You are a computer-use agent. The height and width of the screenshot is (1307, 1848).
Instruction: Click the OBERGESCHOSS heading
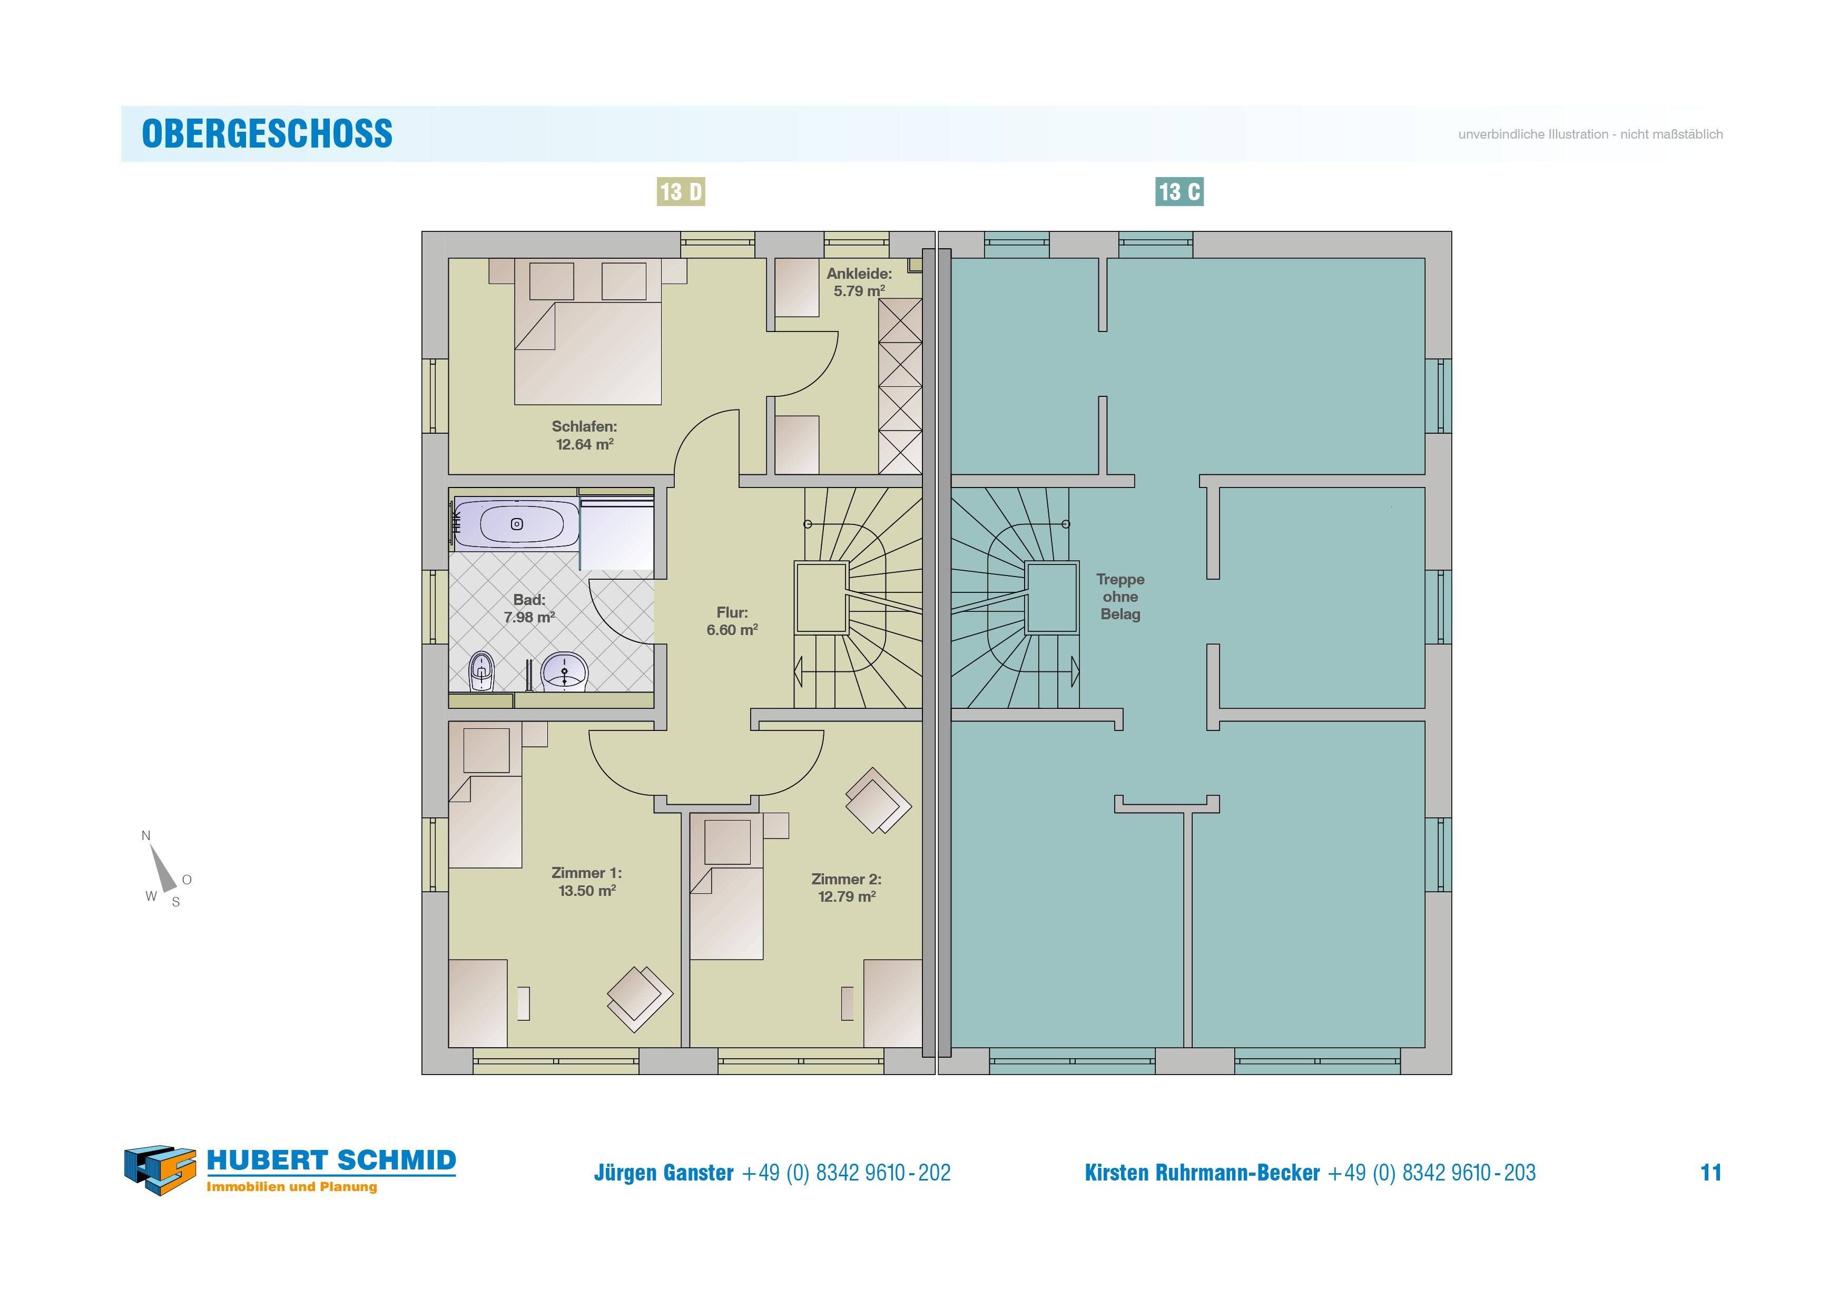267,134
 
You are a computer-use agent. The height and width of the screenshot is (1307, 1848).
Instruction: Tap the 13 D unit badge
681,192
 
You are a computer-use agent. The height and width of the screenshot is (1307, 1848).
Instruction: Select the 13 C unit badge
1179,192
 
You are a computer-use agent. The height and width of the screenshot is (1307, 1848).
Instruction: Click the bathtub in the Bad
516,523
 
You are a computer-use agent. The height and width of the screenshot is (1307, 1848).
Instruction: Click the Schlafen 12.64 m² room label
584,435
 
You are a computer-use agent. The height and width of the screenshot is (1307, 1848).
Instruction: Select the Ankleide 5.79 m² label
859,282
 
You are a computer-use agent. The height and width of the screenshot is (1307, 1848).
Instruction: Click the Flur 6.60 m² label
732,621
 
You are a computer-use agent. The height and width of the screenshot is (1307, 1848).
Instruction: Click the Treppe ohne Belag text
1120,597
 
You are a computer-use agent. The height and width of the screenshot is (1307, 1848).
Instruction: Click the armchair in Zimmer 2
878,801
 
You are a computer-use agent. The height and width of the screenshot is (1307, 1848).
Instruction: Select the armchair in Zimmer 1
640,999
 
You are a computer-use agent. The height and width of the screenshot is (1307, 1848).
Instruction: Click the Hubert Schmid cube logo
160,1169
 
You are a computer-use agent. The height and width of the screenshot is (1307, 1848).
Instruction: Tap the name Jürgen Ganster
664,1173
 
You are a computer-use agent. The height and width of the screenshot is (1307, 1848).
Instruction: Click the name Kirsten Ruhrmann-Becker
1203,1173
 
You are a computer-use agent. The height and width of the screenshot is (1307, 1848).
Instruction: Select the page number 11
1711,1173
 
